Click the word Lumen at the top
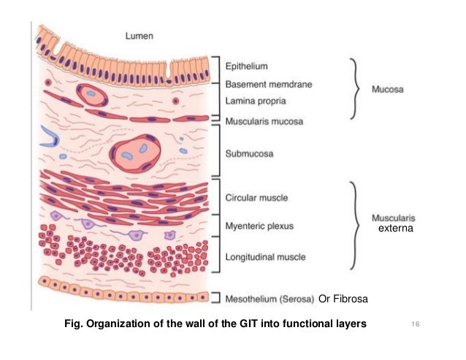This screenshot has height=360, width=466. (x=140, y=35)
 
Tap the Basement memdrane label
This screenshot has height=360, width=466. (x=268, y=84)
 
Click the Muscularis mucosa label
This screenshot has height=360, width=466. (x=264, y=120)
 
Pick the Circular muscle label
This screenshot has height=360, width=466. (x=257, y=197)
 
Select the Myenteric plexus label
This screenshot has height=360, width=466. (x=259, y=226)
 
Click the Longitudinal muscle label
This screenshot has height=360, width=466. (x=265, y=256)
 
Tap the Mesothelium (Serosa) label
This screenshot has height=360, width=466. (x=270, y=298)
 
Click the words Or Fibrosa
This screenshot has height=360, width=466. (x=343, y=298)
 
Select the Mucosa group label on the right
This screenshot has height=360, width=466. (x=387, y=90)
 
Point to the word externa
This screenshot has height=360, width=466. (x=395, y=229)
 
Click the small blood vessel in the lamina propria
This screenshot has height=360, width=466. (x=91, y=93)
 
